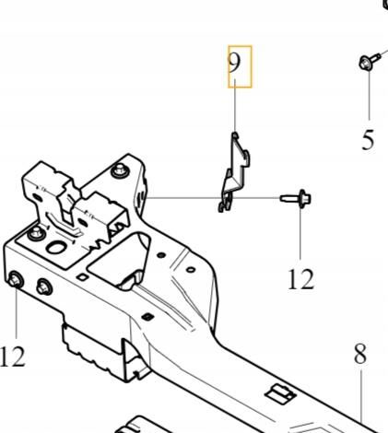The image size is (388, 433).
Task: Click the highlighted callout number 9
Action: pos(234,62)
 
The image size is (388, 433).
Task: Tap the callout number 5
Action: pos(369,140)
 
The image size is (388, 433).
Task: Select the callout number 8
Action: pos(360,354)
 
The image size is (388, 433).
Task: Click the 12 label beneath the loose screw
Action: pos(301,279)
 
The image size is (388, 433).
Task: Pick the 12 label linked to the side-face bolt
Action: pos(12,357)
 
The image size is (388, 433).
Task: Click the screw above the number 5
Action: pos(369,62)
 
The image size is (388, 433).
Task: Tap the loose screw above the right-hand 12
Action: pos(296,199)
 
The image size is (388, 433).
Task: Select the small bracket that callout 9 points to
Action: pos(234,172)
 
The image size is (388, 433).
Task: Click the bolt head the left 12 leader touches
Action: pos(16,279)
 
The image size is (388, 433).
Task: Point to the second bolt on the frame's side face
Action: pos(44,287)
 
